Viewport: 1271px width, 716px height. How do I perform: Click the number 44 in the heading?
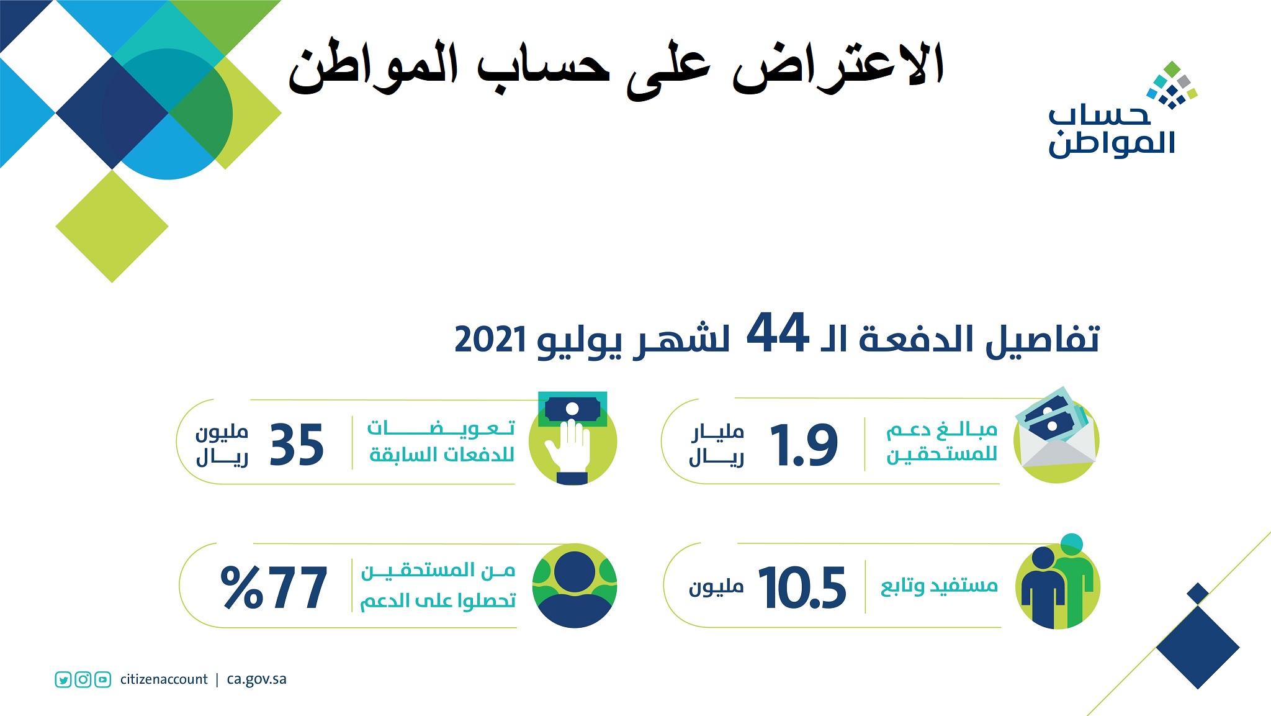pos(777,333)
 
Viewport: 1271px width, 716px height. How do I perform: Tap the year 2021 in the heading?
pos(490,340)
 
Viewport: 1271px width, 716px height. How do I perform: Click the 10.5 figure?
pos(802,587)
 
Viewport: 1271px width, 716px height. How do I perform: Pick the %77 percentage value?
pos(274,587)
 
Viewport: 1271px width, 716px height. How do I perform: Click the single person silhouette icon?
pos(575,586)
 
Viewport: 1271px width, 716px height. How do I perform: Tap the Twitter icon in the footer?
pos(63,679)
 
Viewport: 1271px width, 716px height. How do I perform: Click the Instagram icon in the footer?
pos(83,679)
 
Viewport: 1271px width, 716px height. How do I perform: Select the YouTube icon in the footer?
pos(103,679)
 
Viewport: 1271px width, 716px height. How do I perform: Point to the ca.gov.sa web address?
pos(257,679)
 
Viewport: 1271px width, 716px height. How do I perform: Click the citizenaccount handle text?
pos(164,679)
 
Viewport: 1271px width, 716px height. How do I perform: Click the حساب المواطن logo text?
pos(1111,130)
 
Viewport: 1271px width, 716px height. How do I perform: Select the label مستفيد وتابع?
pos(939,586)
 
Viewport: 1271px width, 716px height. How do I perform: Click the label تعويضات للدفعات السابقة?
pos(441,442)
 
